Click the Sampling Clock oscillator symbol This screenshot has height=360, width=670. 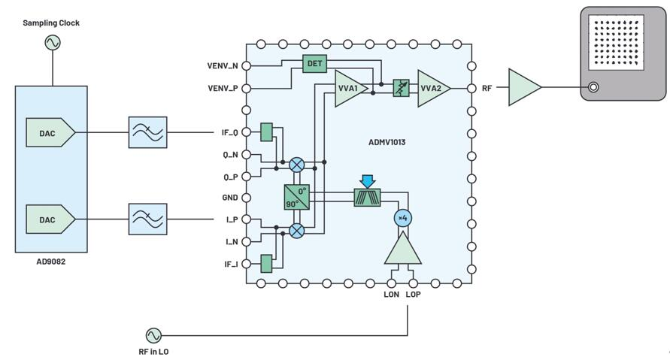(x=53, y=42)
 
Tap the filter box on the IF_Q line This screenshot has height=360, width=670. (x=148, y=132)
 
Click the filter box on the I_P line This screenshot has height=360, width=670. (x=148, y=219)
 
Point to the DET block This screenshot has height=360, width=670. (x=314, y=64)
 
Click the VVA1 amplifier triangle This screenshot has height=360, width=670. (x=350, y=89)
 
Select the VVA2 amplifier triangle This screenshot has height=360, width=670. (x=433, y=89)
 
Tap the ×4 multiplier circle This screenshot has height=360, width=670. (x=403, y=218)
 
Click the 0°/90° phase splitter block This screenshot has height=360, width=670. (x=296, y=197)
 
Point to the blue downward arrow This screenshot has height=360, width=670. (x=367, y=181)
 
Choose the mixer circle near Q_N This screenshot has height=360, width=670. (x=297, y=165)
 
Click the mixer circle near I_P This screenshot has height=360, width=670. (x=297, y=231)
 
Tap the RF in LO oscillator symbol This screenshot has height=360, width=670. (x=153, y=336)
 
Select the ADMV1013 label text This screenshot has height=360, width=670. (x=387, y=142)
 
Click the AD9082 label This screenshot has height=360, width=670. (x=51, y=262)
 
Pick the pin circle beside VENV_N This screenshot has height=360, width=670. (x=246, y=66)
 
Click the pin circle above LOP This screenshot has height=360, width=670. (x=413, y=283)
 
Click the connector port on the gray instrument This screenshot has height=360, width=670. (x=593, y=87)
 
